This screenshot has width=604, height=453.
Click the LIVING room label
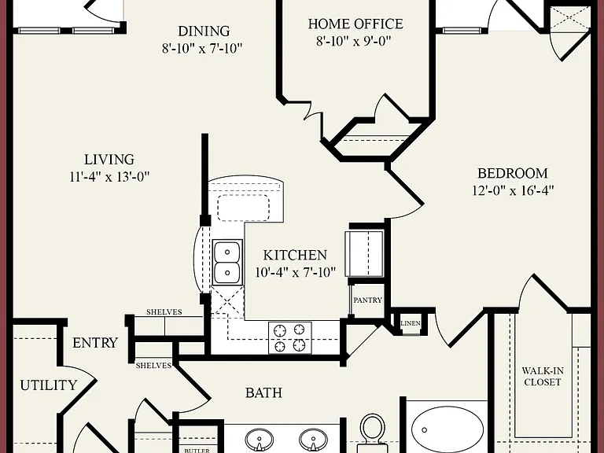click(109, 159)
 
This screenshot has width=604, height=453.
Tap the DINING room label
click(204, 31)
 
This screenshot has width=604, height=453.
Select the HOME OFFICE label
click(355, 24)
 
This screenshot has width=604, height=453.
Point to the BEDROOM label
click(512, 173)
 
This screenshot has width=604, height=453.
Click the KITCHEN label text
click(295, 255)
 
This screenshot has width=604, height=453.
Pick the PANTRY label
click(368, 300)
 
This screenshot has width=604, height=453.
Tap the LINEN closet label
click(411, 323)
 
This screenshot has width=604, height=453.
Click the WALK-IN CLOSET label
click(543, 377)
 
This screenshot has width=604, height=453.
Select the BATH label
click(264, 393)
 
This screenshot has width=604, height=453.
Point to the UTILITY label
click(49, 385)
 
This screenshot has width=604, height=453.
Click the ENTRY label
click(95, 343)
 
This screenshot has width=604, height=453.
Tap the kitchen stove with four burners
click(289, 337)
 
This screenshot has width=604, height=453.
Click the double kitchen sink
click(227, 262)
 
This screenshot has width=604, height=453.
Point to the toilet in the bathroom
click(373, 433)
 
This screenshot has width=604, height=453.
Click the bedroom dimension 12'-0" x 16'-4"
click(513, 190)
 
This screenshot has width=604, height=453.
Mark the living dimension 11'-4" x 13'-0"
click(109, 177)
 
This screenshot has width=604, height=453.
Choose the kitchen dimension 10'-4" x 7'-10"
click(296, 272)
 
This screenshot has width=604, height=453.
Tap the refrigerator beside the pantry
click(364, 254)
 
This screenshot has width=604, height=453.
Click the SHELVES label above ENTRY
click(164, 312)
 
